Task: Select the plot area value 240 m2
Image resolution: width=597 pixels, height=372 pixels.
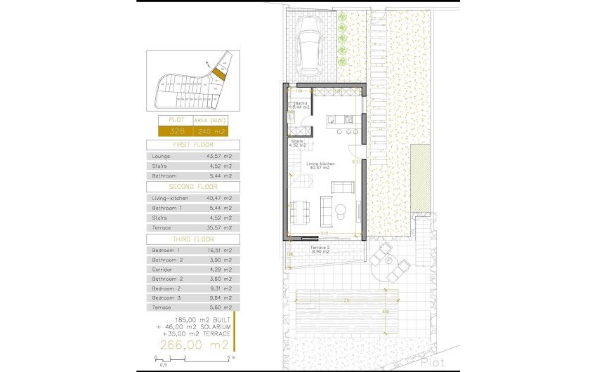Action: click(x=211, y=131)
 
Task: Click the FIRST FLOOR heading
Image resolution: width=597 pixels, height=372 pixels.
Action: click(x=192, y=144)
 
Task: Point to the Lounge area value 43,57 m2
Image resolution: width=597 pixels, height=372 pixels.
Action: click(x=219, y=155)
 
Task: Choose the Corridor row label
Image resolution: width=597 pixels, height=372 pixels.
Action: click(x=162, y=269)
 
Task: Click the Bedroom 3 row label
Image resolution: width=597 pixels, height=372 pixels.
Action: click(x=166, y=297)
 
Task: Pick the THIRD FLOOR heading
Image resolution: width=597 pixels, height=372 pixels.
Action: click(x=192, y=239)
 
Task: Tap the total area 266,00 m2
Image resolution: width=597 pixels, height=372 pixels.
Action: click(x=195, y=345)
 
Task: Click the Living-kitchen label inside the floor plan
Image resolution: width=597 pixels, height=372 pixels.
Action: click(x=320, y=164)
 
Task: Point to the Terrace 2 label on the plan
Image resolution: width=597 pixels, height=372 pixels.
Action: click(x=320, y=248)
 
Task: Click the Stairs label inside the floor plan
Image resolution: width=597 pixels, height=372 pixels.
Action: click(x=298, y=142)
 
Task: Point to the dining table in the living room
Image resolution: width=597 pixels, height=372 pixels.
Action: click(x=300, y=209)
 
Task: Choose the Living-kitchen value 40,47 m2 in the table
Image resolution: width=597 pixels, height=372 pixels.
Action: click(x=219, y=199)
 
